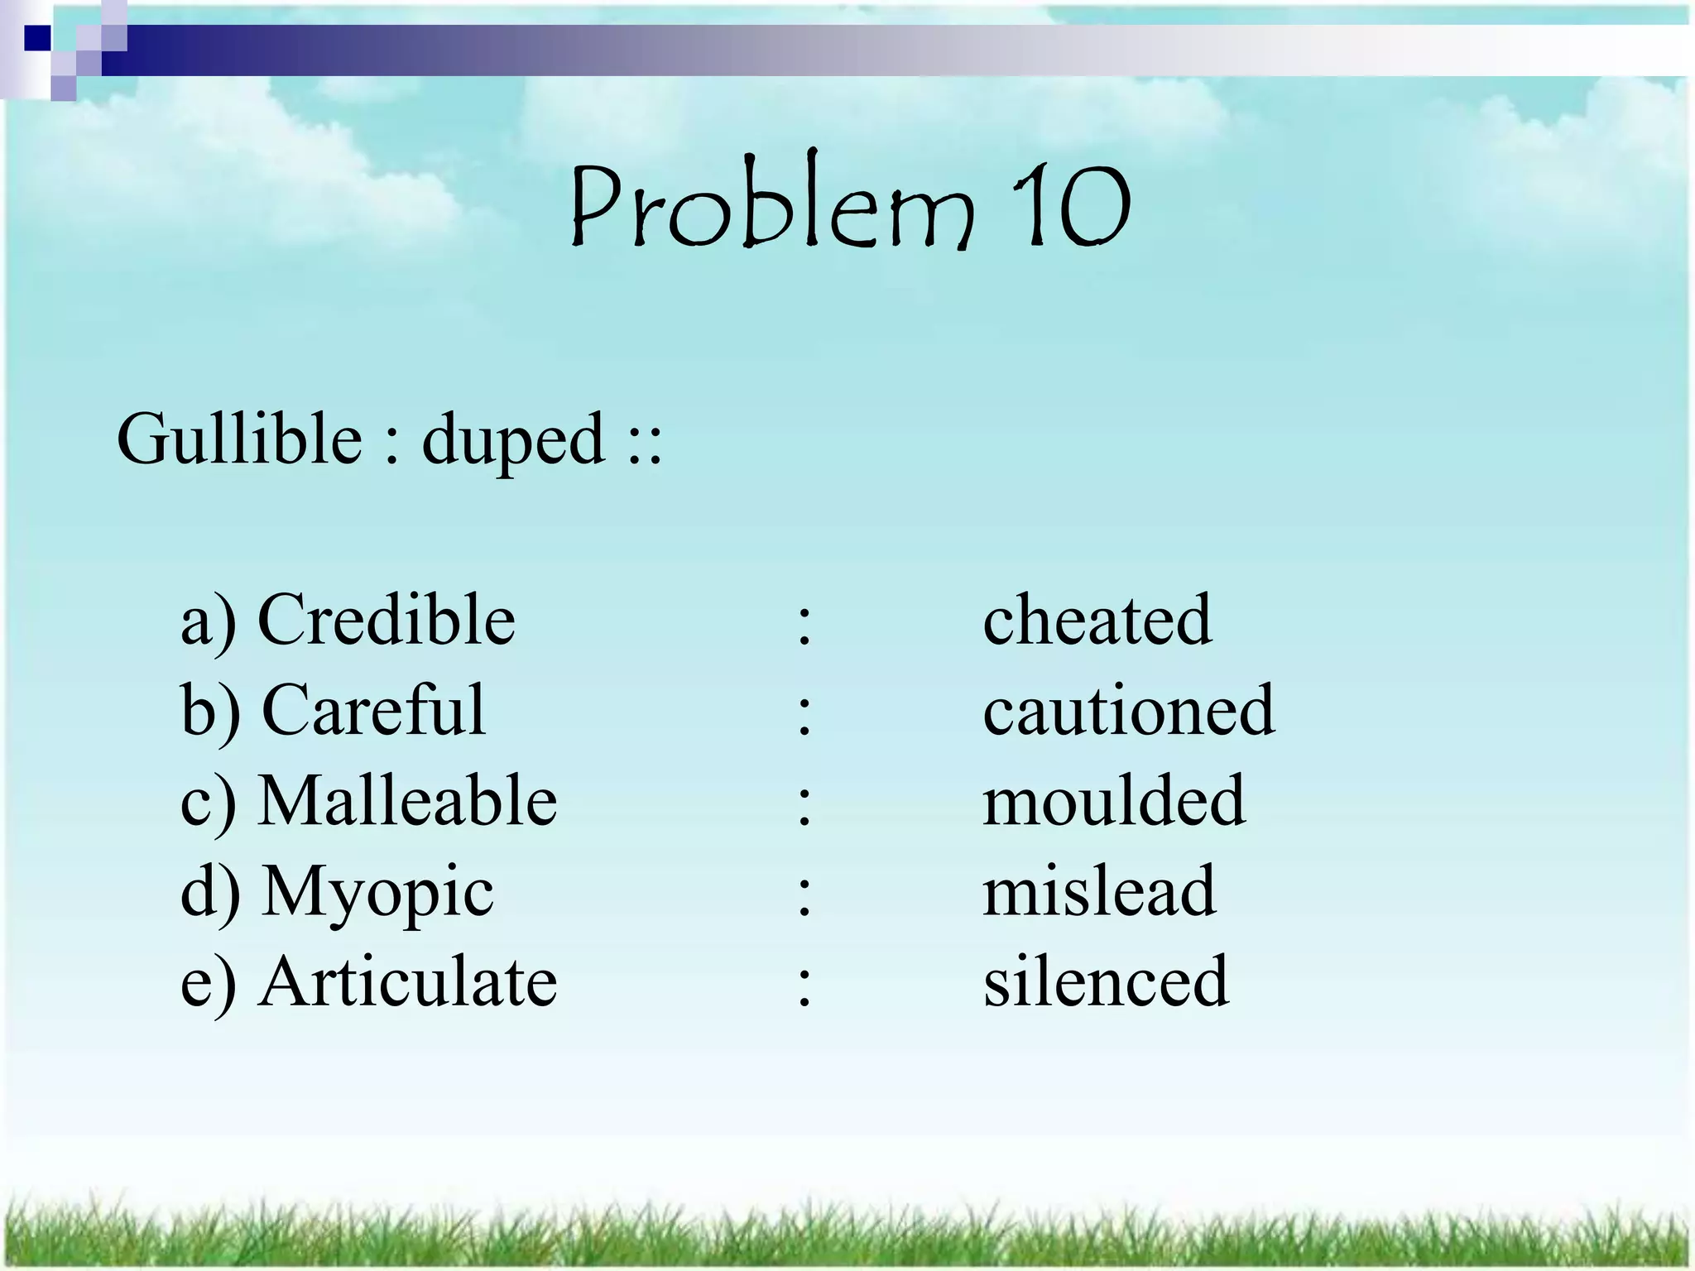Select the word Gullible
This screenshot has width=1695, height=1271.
click(239, 439)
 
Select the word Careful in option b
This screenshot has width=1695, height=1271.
click(373, 710)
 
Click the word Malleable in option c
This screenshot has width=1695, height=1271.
click(407, 800)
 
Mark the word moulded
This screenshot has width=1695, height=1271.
click(1114, 800)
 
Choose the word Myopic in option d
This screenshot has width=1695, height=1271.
click(377, 892)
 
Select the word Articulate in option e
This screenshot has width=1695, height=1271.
click(407, 981)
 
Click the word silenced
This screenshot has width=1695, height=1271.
click(1106, 981)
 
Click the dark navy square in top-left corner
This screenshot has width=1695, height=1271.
click(38, 38)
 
